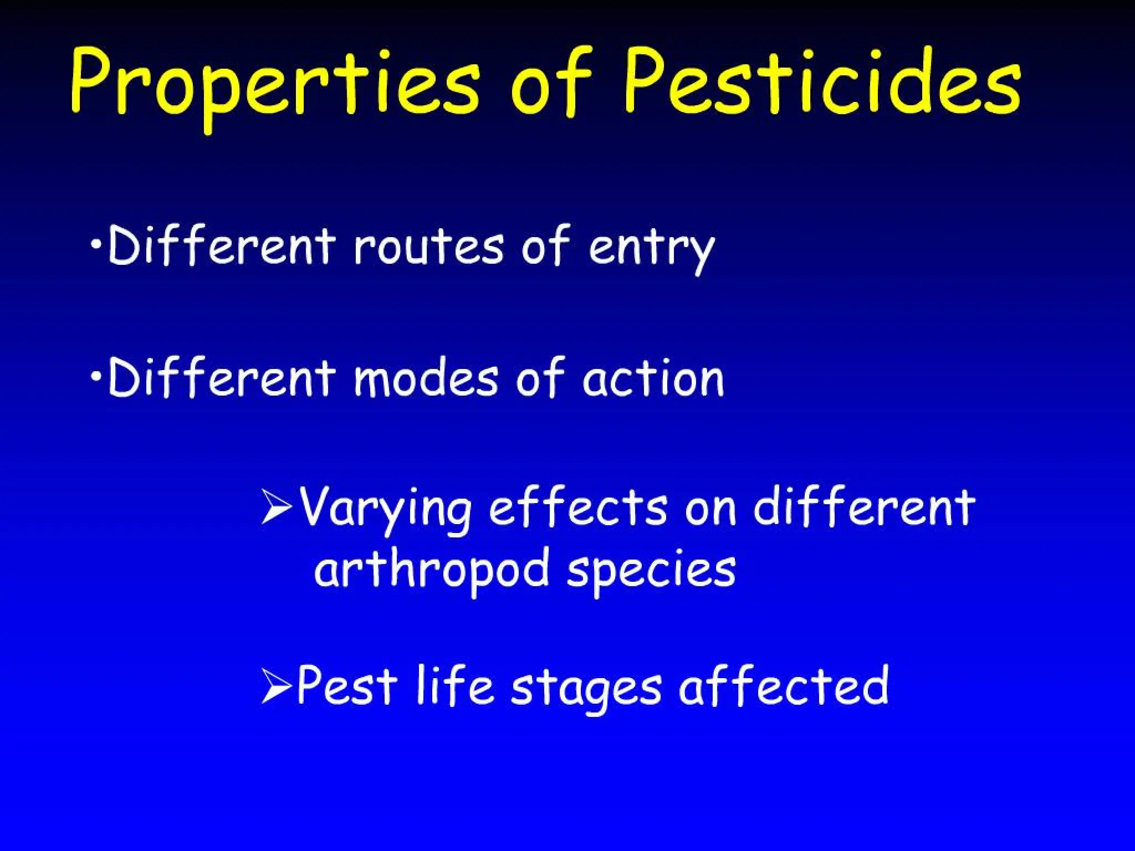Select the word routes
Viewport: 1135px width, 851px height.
coord(428,247)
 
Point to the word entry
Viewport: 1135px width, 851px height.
coord(651,249)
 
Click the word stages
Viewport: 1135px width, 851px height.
coord(586,690)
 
